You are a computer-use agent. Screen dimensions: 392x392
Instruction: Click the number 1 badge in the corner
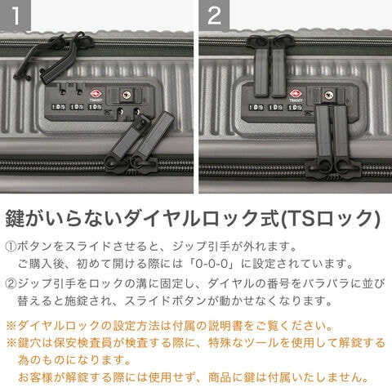pos(16,16)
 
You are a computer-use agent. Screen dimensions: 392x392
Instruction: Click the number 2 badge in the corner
pos(214,16)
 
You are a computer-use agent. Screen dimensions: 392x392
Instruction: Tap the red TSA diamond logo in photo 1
pos(96,94)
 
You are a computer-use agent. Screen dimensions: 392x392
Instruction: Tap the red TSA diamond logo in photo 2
pos(295,94)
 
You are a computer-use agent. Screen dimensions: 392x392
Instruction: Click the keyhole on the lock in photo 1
pos(127,95)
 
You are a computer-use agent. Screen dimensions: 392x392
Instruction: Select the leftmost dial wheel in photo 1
pos(58,107)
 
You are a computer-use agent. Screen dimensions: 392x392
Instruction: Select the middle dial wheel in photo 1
pos(77,107)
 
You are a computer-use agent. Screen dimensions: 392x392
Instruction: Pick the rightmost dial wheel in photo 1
pos(95,107)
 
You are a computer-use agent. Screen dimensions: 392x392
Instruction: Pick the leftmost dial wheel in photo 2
pos(256,108)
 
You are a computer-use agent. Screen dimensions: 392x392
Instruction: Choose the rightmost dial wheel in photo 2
pos(296,108)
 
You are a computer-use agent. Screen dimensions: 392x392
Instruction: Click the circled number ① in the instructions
pos(11,247)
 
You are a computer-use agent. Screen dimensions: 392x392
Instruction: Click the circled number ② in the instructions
pos(11,283)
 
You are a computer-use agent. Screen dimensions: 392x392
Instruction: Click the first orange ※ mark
pos(11,326)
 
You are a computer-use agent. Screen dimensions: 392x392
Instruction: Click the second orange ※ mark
pos(11,343)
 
